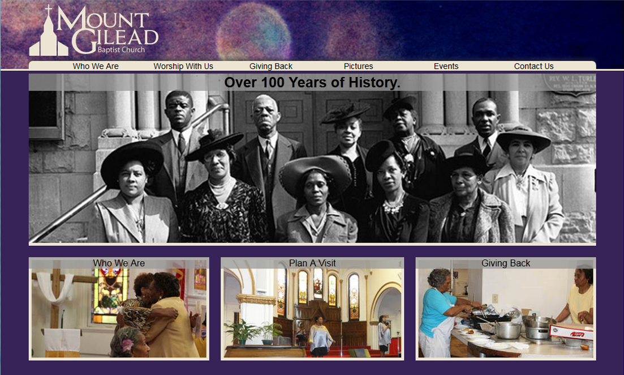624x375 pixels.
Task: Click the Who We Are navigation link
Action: pos(96,66)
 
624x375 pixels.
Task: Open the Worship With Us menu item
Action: pos(183,66)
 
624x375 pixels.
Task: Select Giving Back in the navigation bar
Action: pos(271,66)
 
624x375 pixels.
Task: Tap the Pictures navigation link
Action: pos(359,66)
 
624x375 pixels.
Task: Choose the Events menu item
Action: pos(446,66)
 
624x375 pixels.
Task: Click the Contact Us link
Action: pos(533,66)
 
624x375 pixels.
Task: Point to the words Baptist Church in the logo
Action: pos(122,50)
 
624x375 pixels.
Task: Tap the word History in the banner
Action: pos(374,83)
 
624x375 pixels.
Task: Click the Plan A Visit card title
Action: pos(312,263)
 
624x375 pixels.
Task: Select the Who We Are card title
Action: pos(119,263)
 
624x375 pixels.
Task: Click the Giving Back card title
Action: pos(506,263)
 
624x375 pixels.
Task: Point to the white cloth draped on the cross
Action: pos(54,288)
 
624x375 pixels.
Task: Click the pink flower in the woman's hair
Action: pos(127,345)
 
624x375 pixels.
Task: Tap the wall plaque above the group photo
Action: pos(570,84)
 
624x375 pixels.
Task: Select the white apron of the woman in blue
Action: pos(438,335)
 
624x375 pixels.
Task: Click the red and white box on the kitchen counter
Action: pos(571,331)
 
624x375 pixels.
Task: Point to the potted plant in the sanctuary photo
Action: pos(242,331)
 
